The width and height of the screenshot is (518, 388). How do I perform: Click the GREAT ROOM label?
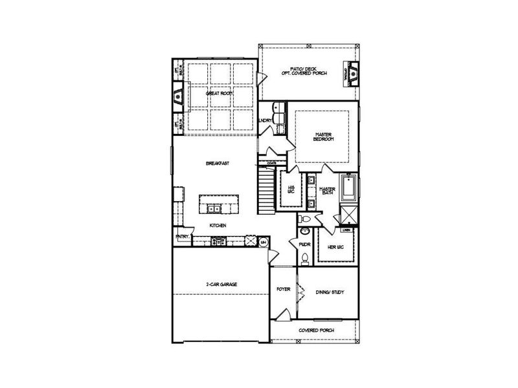(219, 94)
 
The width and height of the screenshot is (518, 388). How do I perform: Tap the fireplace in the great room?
(177, 97)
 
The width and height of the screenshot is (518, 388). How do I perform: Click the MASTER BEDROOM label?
(323, 137)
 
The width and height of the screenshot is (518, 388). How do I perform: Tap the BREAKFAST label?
(218, 164)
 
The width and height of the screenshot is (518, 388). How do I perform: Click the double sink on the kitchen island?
(214, 208)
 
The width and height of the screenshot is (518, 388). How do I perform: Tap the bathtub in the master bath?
(348, 188)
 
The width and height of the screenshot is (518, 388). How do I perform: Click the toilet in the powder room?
(305, 257)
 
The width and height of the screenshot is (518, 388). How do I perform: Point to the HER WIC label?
(335, 247)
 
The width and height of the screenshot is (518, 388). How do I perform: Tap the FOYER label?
(283, 289)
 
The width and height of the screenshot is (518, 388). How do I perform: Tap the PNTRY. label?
(181, 237)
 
